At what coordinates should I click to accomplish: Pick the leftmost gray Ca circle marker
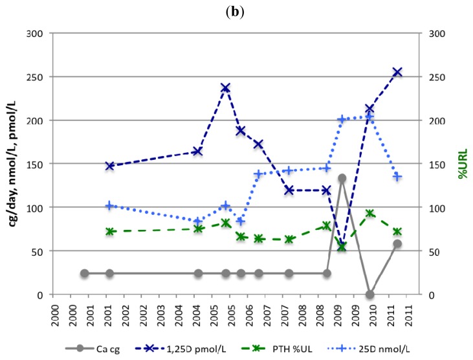tap(84, 273)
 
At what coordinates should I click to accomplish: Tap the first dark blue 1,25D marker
tap(110, 166)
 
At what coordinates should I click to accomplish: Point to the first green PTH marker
tap(110, 231)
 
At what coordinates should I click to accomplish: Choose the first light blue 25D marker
tap(110, 206)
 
